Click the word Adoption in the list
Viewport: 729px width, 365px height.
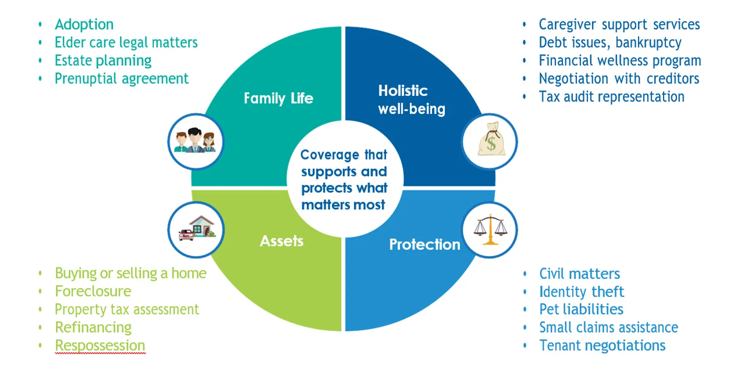point(84,24)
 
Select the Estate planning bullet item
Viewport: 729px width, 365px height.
point(103,61)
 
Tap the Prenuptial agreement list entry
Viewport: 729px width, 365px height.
point(121,78)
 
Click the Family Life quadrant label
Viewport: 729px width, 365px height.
point(278,98)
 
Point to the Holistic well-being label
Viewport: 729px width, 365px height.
point(411,100)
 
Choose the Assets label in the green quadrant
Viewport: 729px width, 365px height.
point(282,241)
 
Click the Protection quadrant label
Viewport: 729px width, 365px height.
point(424,245)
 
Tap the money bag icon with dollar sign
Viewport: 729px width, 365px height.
point(491,141)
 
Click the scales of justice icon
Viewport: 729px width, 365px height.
point(490,229)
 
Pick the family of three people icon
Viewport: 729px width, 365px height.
point(195,141)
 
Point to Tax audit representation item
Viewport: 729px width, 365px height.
point(611,97)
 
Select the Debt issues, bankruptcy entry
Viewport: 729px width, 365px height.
point(610,42)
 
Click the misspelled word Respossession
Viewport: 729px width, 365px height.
point(100,345)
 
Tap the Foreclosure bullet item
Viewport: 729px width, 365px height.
point(93,291)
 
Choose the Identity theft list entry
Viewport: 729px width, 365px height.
point(581,292)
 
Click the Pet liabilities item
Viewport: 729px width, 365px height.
point(581,309)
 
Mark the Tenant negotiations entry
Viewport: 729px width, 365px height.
point(602,345)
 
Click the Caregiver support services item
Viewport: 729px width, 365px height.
point(619,24)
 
